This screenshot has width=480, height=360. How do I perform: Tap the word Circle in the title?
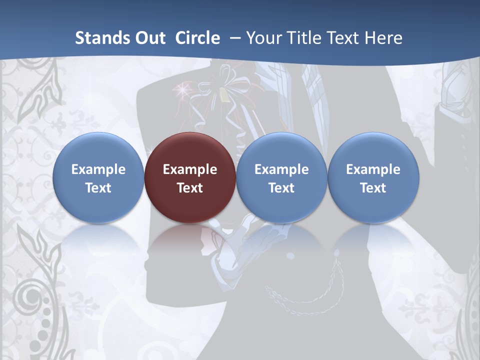(197, 38)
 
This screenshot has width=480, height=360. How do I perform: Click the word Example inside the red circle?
(190, 169)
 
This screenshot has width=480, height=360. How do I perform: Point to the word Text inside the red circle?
(190, 188)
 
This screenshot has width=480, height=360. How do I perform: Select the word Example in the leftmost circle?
(98, 169)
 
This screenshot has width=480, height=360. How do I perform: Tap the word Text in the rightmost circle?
(373, 188)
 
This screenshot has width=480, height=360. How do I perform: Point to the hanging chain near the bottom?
(305, 295)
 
